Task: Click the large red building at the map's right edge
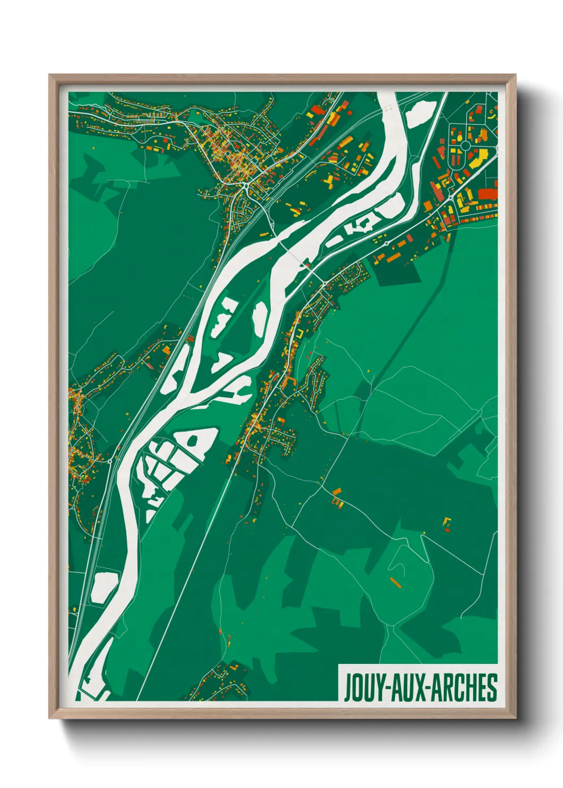(x=487, y=193)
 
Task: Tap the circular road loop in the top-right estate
(x=465, y=145)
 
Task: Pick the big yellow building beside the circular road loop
(x=479, y=158)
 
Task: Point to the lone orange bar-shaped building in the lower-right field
(x=394, y=581)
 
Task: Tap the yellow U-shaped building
(x=300, y=333)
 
